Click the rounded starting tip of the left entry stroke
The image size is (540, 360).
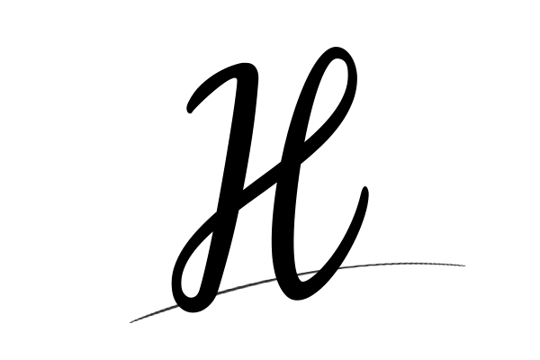click(189, 110)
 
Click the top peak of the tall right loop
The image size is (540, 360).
click(336, 48)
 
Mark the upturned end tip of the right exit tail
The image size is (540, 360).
click(365, 189)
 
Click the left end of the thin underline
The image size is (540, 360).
click(130, 322)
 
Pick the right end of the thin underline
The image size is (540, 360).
click(464, 265)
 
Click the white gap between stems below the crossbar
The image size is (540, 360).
click(254, 241)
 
